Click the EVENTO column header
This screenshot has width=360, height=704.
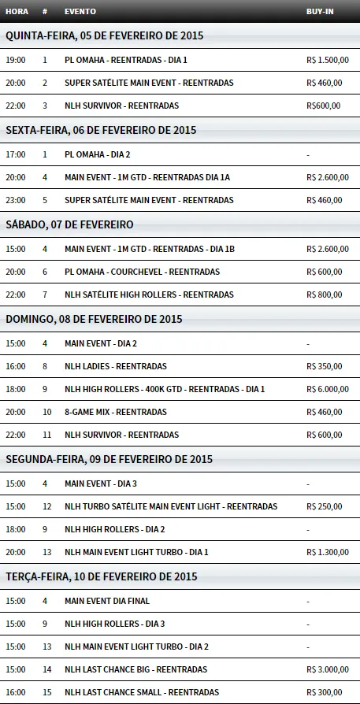pos(80,12)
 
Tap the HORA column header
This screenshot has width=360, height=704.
pos(17,12)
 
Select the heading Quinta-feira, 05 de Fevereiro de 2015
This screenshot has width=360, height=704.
pos(104,35)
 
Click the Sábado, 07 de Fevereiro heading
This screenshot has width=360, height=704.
pos(69,224)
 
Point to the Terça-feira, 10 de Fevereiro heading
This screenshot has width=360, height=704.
pos(101,577)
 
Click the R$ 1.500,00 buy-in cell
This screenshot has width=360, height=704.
pos(328,60)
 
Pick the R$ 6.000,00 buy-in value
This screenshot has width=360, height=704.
pos(328,389)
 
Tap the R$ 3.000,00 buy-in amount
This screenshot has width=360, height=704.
pos(328,669)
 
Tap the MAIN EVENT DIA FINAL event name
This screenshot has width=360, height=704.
pos(107,601)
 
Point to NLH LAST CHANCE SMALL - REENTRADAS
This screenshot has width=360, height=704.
pos(142,692)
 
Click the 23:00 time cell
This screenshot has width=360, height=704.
pos(15,200)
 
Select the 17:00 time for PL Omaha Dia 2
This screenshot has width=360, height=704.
pos(15,154)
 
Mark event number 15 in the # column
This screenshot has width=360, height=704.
pos(46,692)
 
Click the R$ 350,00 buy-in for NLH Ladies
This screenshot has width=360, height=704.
pos(324,366)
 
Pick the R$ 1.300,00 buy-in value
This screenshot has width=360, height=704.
pos(328,552)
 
